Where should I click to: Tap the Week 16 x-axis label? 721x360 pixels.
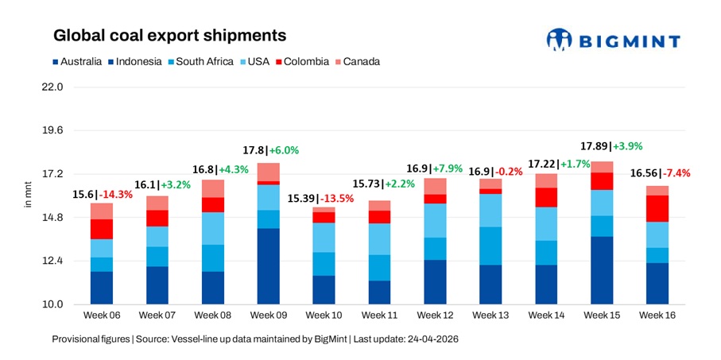[x=657, y=315]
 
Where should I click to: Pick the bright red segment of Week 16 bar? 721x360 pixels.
[x=657, y=208]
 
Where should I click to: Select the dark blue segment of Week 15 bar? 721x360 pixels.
[x=602, y=269]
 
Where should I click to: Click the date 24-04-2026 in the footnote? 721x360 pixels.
[x=430, y=339]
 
